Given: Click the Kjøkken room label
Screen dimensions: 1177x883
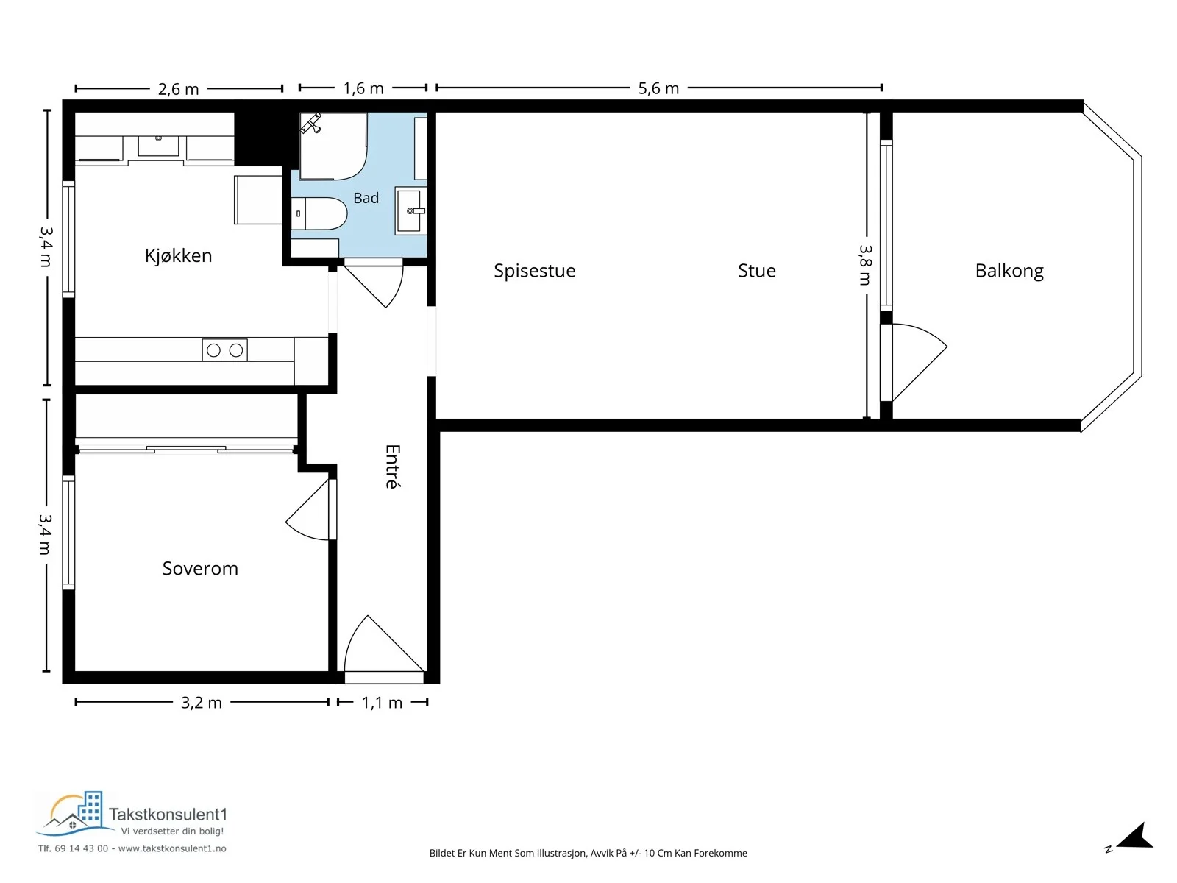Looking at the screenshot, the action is click(x=178, y=256).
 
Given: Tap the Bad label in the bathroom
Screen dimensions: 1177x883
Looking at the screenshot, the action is click(x=366, y=198).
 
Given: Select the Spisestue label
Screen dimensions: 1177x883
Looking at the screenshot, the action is click(x=534, y=271).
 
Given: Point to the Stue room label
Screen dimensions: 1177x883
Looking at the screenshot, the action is click(x=756, y=271).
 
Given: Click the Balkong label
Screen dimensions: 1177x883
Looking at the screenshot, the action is click(x=1009, y=271).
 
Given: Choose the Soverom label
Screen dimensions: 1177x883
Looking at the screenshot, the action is click(x=200, y=568).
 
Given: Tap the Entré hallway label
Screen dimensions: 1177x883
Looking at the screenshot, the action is click(x=393, y=466).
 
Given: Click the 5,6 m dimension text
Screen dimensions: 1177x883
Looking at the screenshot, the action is click(x=658, y=88).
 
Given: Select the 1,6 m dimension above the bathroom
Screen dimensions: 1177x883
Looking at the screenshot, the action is click(x=363, y=88).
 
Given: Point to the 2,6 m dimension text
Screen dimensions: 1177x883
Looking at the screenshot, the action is click(x=178, y=88).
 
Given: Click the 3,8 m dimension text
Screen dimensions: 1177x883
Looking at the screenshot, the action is click(x=865, y=265).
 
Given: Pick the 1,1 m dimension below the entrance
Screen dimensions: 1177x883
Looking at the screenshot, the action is click(x=382, y=702).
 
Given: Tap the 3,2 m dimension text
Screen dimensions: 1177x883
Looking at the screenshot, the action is click(x=201, y=702).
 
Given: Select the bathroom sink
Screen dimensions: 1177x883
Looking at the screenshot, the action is click(x=410, y=210).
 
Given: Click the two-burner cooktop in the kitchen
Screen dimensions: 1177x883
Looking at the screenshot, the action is click(x=224, y=350).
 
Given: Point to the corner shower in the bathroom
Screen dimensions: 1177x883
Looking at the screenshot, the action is click(x=333, y=146).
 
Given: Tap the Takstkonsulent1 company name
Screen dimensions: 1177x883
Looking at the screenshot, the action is click(x=168, y=815).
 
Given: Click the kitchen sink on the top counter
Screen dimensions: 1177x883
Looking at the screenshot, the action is click(x=158, y=145).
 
